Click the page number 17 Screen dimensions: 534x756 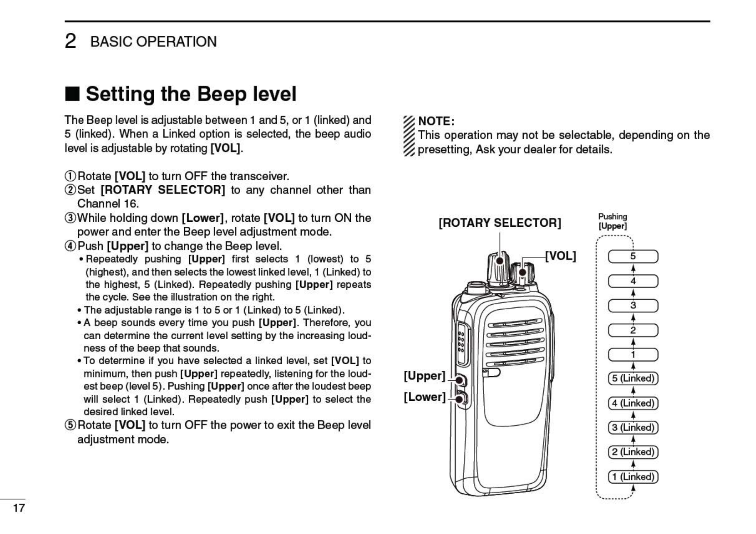pyautogui.click(x=19, y=508)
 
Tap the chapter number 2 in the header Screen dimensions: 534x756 pyautogui.click(x=70, y=42)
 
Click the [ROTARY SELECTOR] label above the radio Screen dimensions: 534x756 pyautogui.click(x=500, y=223)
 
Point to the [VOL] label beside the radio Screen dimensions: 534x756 pyautogui.click(x=560, y=256)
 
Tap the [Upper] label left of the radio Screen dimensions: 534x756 pyautogui.click(x=424, y=376)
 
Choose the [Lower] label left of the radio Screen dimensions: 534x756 pyautogui.click(x=424, y=397)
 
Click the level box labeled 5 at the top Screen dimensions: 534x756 pyautogui.click(x=633, y=256)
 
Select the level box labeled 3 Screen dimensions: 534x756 pyautogui.click(x=633, y=306)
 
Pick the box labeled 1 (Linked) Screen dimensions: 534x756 pyautogui.click(x=633, y=477)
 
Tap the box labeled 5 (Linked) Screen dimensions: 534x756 pyautogui.click(x=633, y=378)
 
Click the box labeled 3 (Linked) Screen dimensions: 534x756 pyautogui.click(x=633, y=427)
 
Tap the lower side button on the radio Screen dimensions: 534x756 pyautogui.click(x=460, y=399)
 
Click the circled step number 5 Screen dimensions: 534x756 pyautogui.click(x=71, y=426)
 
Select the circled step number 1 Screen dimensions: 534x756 pyautogui.click(x=71, y=176)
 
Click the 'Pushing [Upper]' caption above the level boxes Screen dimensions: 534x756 pyautogui.click(x=612, y=221)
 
